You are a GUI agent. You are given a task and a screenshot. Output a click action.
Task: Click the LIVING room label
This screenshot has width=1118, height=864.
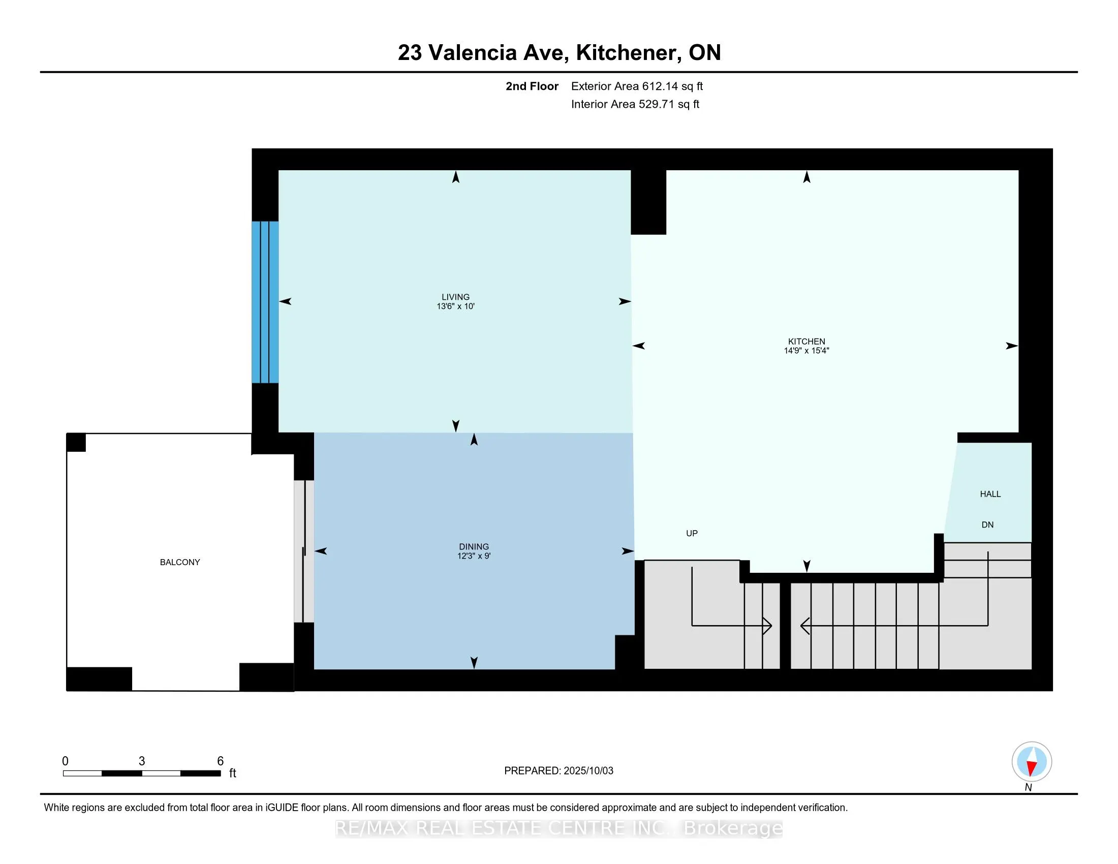[456, 297]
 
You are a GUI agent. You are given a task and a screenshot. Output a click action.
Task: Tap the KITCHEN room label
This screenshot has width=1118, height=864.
[806, 342]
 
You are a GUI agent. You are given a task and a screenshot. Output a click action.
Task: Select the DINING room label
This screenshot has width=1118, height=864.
[474, 547]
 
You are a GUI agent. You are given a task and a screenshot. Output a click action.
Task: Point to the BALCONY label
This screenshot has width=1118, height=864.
[180, 562]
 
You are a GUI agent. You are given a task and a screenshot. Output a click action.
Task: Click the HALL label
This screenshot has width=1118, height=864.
[990, 494]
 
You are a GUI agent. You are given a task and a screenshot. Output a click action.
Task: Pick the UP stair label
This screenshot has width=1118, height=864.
[692, 533]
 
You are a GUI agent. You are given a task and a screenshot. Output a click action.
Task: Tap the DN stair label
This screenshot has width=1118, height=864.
[987, 524]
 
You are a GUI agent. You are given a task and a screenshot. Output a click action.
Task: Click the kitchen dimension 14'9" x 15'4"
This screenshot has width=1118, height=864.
[806, 351]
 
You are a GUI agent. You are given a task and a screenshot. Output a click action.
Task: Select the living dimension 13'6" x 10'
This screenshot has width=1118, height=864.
[456, 306]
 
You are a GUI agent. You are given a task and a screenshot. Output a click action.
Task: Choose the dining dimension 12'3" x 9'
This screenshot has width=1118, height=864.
[474, 556]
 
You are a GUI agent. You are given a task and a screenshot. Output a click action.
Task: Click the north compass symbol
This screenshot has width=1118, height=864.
[1032, 762]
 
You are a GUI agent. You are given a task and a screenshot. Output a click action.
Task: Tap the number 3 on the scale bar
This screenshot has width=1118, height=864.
[142, 761]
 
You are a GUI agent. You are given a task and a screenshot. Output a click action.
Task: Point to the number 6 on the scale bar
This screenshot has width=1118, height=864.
[221, 761]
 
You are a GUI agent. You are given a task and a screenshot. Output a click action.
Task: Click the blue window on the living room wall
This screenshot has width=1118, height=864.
[265, 302]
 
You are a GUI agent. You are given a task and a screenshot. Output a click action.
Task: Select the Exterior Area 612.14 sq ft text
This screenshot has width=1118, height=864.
[637, 86]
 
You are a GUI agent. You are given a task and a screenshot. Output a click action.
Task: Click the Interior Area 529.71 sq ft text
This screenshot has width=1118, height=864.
[635, 104]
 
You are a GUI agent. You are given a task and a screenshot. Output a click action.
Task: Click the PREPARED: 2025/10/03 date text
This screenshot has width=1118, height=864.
[558, 771]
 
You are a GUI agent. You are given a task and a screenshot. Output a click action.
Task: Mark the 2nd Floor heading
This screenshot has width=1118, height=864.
[532, 86]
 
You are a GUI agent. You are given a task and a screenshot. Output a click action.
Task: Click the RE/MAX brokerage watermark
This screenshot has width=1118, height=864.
[559, 828]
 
